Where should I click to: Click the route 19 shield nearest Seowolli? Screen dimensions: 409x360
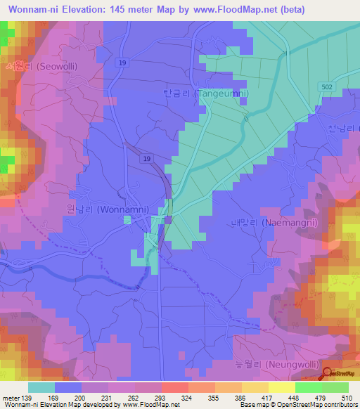coord(124,63)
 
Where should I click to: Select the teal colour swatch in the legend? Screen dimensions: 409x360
coord(41,387)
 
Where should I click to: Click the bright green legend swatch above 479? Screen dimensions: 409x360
coord(308,387)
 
